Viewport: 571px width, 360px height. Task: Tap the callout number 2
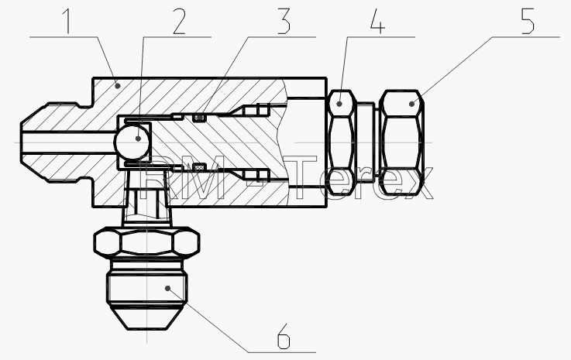pyautogui.click(x=179, y=21)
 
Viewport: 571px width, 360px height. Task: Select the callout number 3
pyautogui.click(x=284, y=21)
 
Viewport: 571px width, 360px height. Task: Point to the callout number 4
pyautogui.click(x=377, y=21)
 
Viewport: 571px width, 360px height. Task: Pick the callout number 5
pyautogui.click(x=528, y=21)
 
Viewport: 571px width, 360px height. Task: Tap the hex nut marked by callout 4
pyautogui.click(x=342, y=142)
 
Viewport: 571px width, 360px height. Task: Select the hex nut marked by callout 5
pyautogui.click(x=401, y=142)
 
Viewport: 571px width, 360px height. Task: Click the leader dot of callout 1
pyautogui.click(x=118, y=86)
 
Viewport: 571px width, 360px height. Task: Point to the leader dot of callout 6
pyautogui.click(x=167, y=288)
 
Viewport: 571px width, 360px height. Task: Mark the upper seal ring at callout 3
pyautogui.click(x=199, y=118)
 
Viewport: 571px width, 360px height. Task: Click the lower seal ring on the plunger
pyautogui.click(x=199, y=166)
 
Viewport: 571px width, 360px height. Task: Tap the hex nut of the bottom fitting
pyautogui.click(x=146, y=242)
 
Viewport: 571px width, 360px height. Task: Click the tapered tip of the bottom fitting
pyautogui.click(x=146, y=317)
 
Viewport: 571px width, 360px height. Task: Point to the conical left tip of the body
pyautogui.click(x=33, y=142)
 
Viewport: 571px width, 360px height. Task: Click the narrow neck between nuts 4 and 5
pyautogui.click(x=365, y=142)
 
